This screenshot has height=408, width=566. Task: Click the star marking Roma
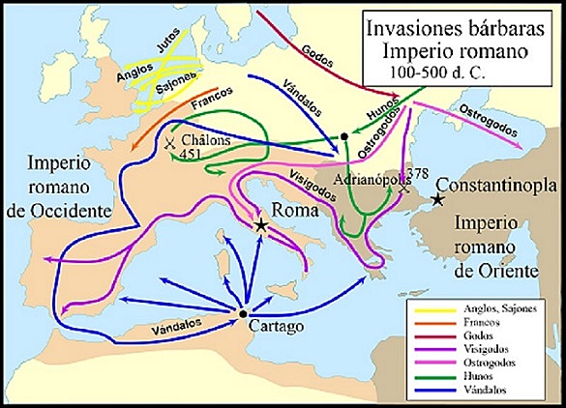261,224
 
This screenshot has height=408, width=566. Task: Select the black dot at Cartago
242,314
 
